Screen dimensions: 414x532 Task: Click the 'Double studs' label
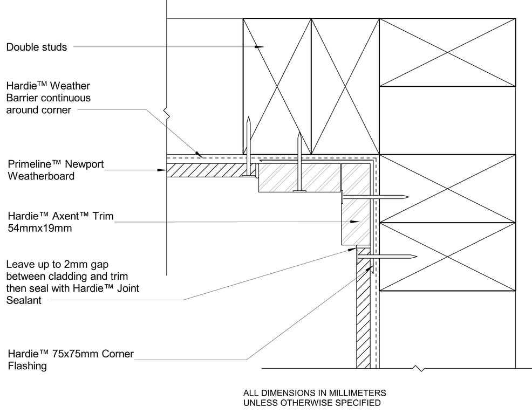[x=37, y=47]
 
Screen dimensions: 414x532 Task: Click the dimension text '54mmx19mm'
[x=40, y=228]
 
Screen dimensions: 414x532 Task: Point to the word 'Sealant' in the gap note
[x=24, y=300]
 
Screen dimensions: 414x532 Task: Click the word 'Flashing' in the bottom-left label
[x=27, y=366]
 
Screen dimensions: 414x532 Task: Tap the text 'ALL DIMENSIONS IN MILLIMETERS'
[x=315, y=393]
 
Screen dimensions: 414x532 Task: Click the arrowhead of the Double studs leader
[x=261, y=47]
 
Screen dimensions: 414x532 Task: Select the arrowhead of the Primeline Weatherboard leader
[x=162, y=170]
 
